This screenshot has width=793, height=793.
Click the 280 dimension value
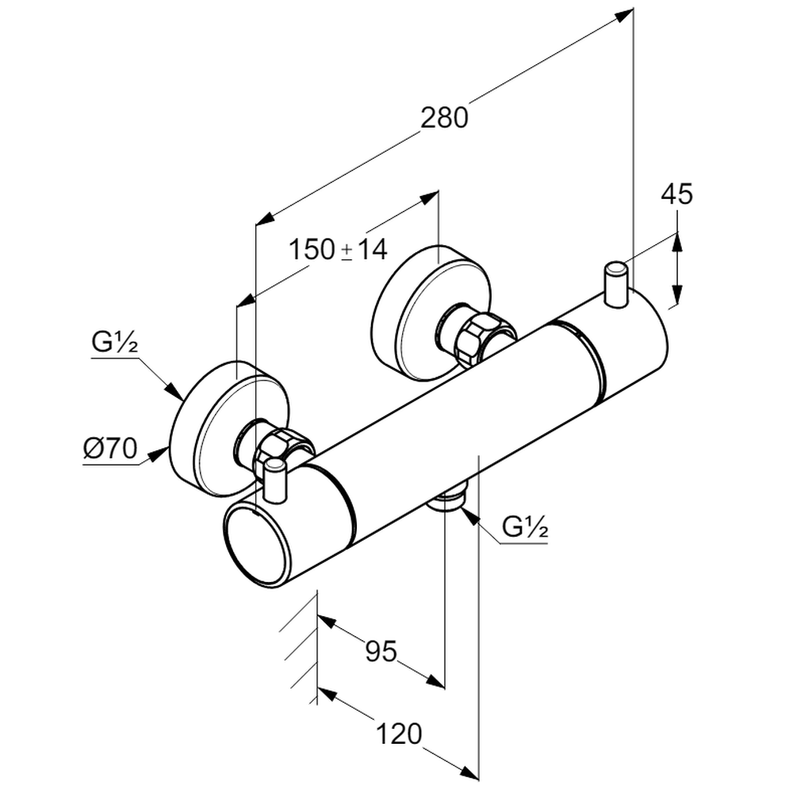(x=444, y=118)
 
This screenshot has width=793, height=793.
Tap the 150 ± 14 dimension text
(x=337, y=250)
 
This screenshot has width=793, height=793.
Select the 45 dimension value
(x=677, y=194)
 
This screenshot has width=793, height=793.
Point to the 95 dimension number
(x=381, y=651)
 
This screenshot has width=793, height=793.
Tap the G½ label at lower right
(x=526, y=527)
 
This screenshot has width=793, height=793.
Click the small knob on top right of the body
(x=616, y=284)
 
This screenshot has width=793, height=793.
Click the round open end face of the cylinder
(x=255, y=544)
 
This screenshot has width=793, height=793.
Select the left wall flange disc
(x=214, y=428)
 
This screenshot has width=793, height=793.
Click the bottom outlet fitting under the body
(x=448, y=501)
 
